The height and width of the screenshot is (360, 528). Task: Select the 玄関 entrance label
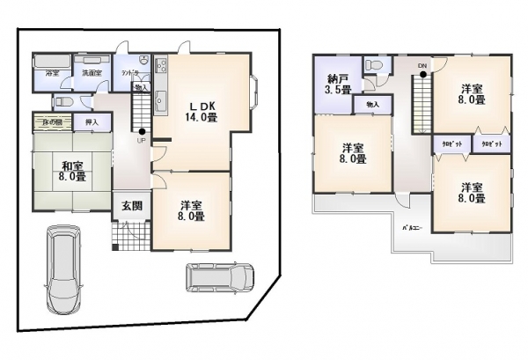pos(132,205)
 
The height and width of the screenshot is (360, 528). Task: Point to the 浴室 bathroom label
pos(52,73)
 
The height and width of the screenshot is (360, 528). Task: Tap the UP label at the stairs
pos(141,139)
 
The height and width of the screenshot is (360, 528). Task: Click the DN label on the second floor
pos(422,66)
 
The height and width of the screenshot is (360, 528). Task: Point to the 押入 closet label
pos(92,121)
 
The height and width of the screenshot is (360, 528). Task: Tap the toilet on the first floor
pos(65,100)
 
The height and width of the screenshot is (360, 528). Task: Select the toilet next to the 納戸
pos(376,65)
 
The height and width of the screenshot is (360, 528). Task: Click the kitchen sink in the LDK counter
pos(161,101)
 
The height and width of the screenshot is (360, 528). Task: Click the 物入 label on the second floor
pos(372,105)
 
